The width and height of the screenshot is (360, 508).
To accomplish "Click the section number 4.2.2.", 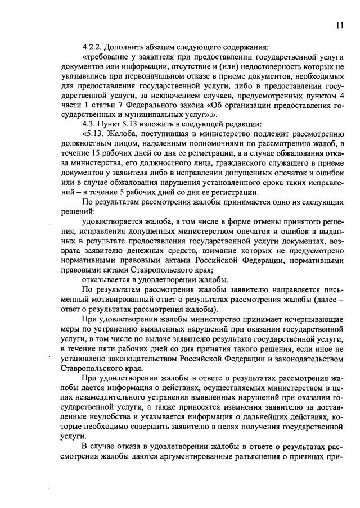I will (92, 46).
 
